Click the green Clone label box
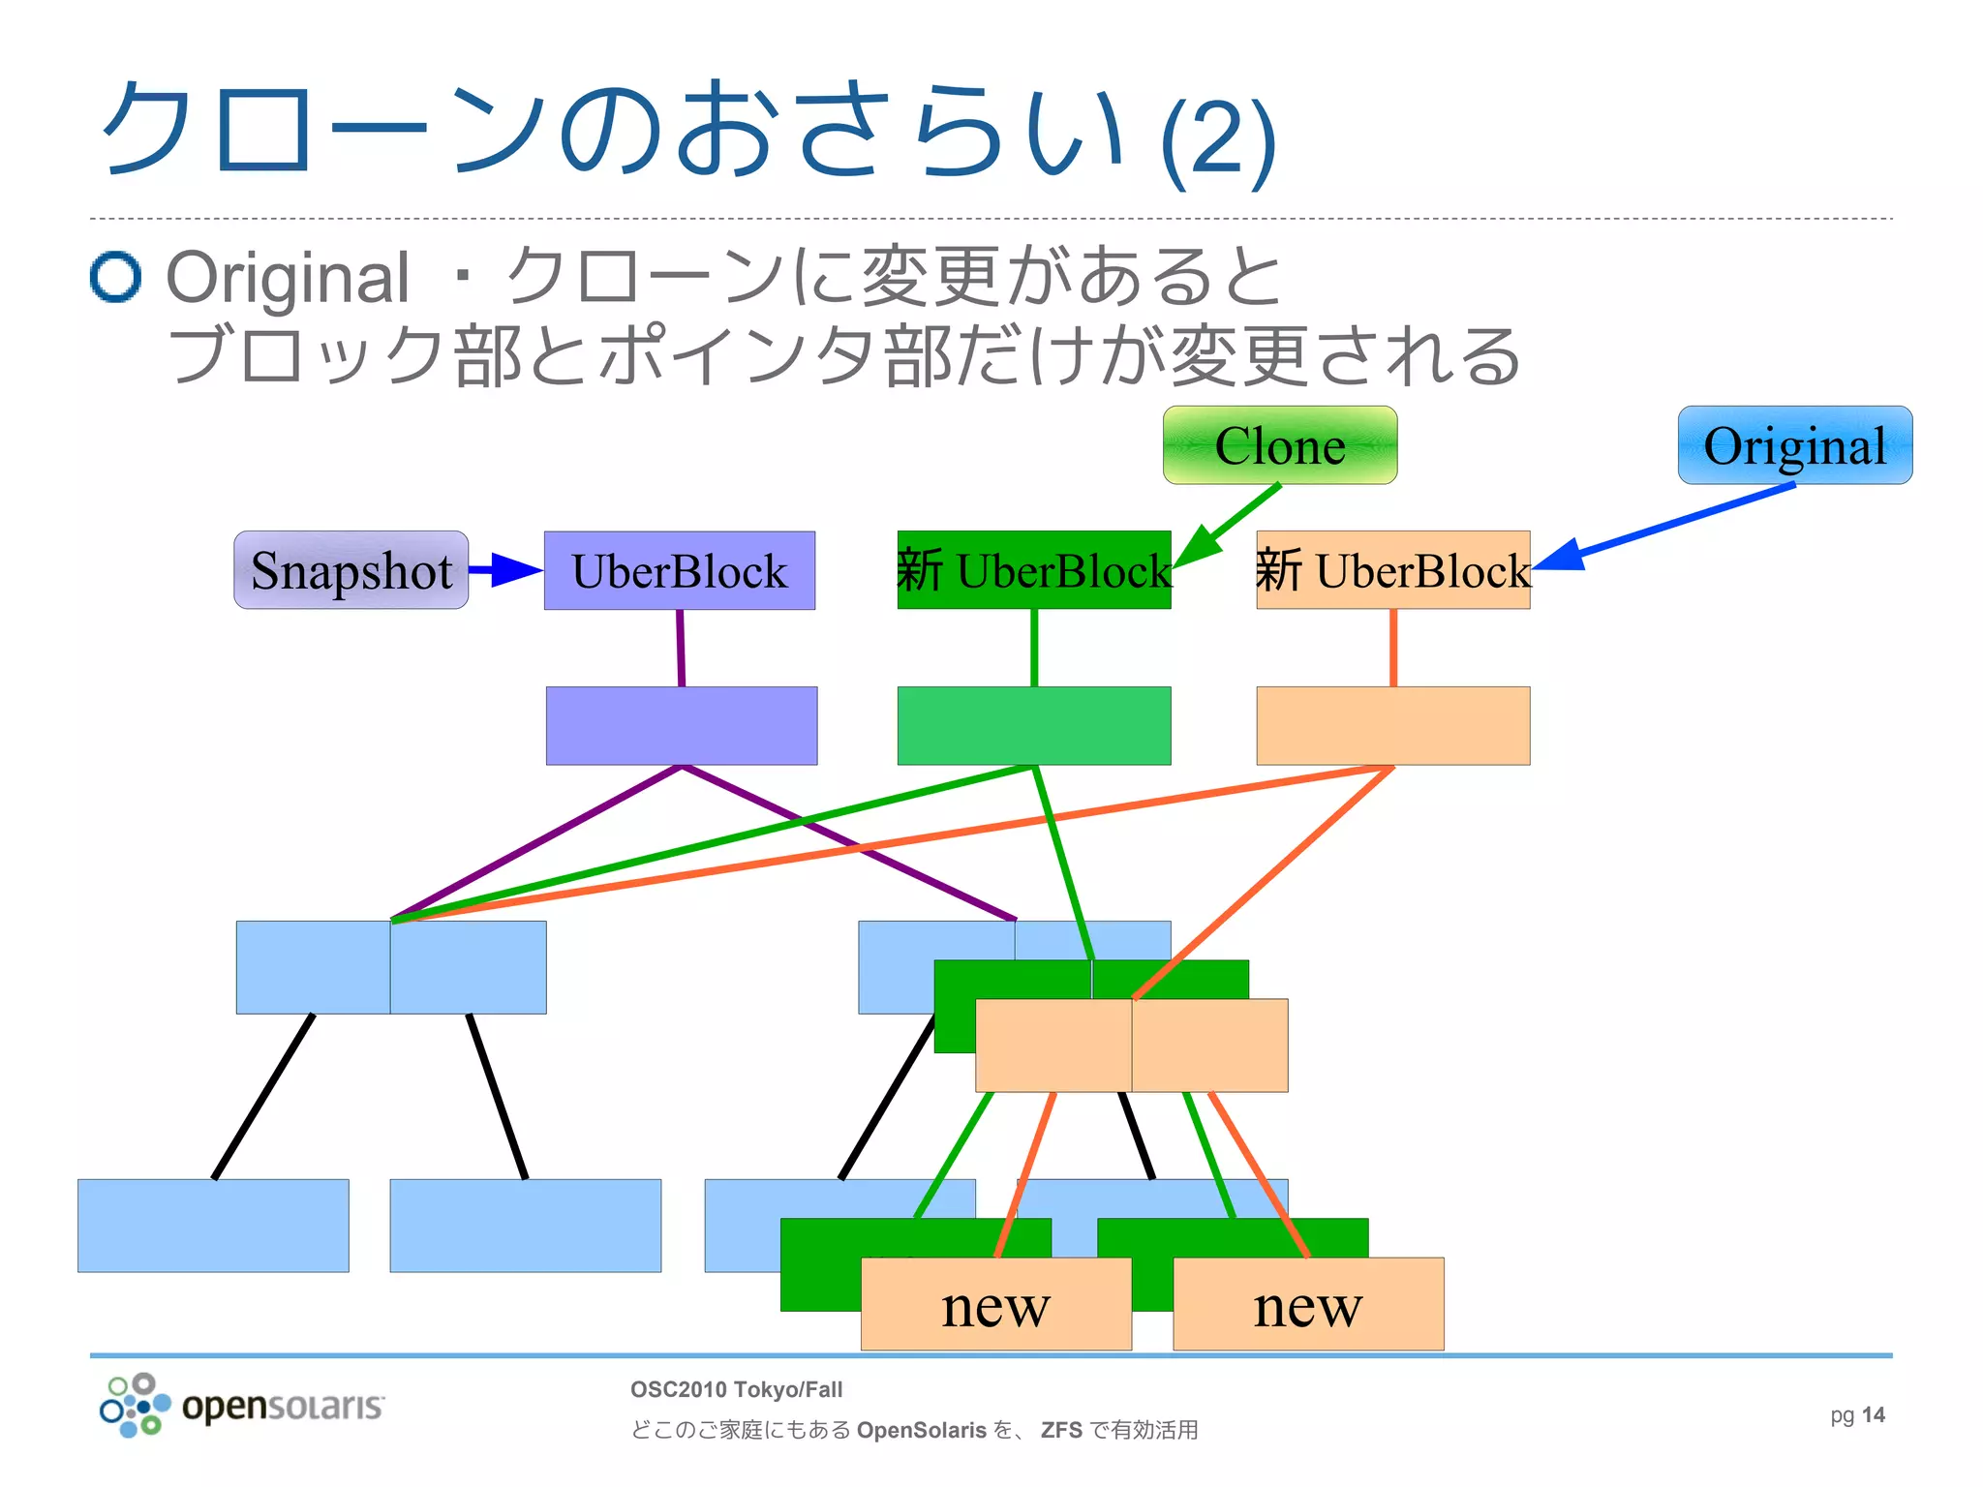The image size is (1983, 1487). pos(1279,445)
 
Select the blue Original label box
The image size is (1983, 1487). pos(1794,445)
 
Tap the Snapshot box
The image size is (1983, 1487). pos(351,570)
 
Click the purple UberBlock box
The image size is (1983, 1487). pos(679,570)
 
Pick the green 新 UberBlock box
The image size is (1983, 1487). pos(1033,570)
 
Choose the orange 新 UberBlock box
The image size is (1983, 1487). pos(1392,570)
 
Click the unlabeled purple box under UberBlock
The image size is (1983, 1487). pos(681,726)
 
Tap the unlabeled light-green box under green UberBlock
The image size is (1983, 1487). pos(1033,726)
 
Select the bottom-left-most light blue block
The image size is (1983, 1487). pos(213,1226)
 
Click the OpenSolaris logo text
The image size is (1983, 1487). pos(283,1406)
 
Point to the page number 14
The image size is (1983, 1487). pos(1873,1415)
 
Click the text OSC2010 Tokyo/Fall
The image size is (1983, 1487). pos(736,1390)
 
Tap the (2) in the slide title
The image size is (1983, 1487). pos(1218,140)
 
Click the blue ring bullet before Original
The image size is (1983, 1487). pos(116,277)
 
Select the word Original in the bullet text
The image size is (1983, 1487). pos(288,279)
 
